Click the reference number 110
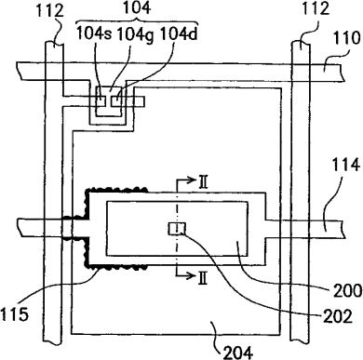coord(346,39)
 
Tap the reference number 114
coord(346,164)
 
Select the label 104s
coord(94,33)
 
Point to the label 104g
coord(135,35)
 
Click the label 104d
coord(179,33)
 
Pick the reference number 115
coord(14,314)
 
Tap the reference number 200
coord(347,290)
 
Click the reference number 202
coord(338,316)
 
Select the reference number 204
coord(238,352)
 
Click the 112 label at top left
coord(50,11)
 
